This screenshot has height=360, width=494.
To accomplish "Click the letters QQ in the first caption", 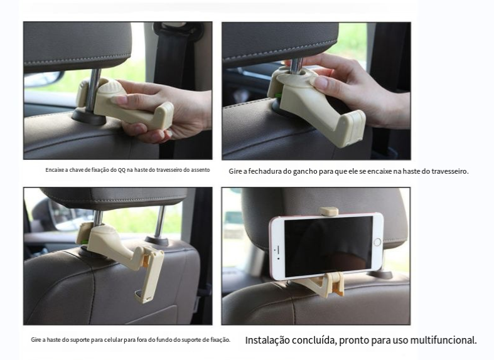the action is point(122,170).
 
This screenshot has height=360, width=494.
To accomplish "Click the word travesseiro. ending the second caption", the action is point(450,171).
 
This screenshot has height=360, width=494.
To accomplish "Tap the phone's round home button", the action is point(377,242).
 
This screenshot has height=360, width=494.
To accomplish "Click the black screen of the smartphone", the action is point(328,246).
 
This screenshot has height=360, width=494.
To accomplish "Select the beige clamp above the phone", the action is point(328,211).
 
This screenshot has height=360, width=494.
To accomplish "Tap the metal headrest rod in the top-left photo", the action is point(92,91).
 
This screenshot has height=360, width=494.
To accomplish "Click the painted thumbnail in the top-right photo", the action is point(321,82).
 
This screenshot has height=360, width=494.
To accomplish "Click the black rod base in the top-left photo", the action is point(89,117).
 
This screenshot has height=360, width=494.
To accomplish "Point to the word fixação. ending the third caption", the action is point(220,340).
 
